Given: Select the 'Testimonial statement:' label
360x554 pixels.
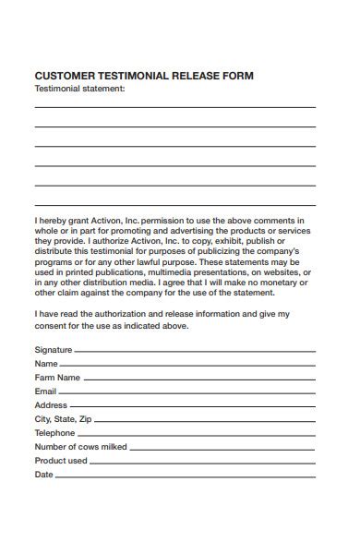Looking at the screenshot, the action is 79,89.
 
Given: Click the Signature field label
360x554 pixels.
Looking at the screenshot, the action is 54,350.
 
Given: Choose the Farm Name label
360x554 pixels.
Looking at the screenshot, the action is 57,378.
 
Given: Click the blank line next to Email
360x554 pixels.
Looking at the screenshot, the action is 187,392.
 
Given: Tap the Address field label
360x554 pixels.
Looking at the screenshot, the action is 51,405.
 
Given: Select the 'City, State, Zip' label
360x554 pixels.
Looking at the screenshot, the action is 63,419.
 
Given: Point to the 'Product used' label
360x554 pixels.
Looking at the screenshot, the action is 61,461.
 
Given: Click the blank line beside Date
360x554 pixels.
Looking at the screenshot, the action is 186,476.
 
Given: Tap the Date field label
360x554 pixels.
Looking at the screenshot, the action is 43,475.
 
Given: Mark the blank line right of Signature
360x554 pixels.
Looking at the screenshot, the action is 195,351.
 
